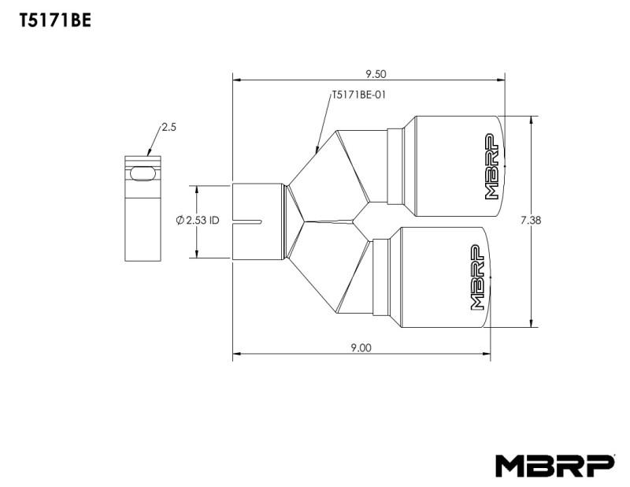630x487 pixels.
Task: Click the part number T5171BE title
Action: tap(54, 21)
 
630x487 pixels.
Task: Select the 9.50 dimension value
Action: tap(376, 75)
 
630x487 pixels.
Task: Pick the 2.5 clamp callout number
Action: tap(169, 126)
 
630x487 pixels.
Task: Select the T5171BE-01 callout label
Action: tap(358, 96)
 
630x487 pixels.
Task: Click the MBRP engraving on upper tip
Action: tap(491, 166)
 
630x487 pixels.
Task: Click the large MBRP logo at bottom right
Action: tap(554, 465)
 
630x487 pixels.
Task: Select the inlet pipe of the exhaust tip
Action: tap(258, 221)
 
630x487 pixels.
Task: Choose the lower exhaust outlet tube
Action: tap(441, 277)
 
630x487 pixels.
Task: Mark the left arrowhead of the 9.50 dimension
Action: tap(237, 80)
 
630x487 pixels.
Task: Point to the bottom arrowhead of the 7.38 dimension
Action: tap(533, 322)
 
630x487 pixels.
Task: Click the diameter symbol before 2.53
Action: tap(180, 221)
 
